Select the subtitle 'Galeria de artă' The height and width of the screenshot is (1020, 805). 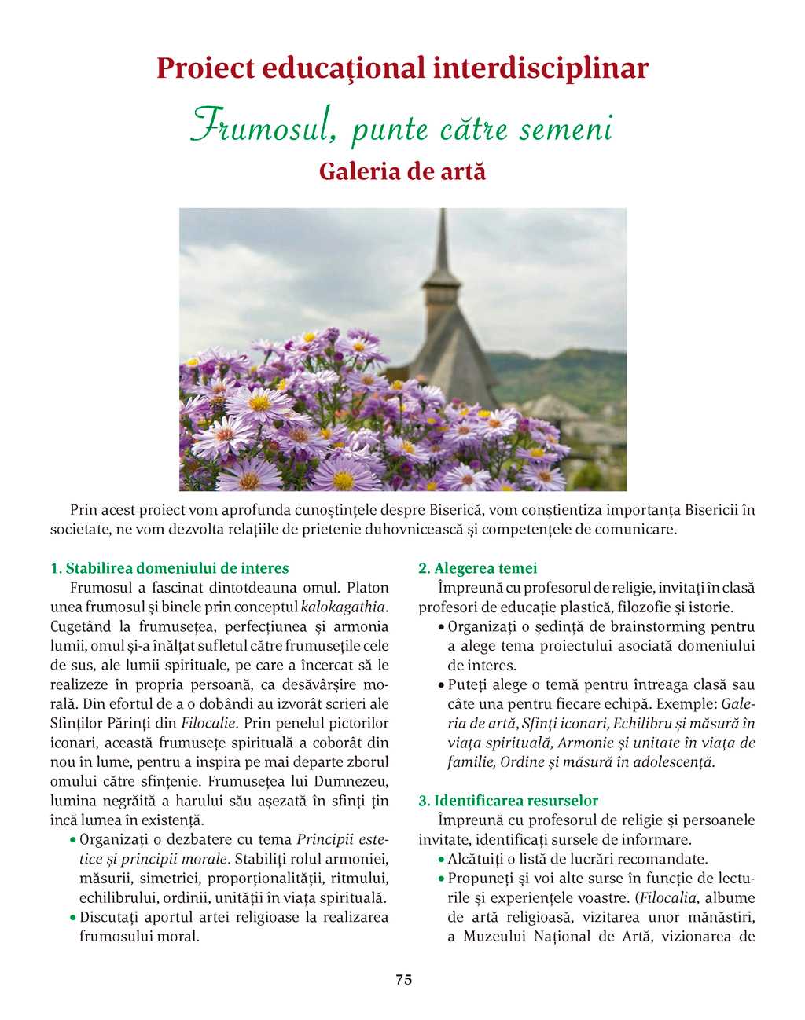[x=402, y=171]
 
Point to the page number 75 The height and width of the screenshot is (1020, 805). [x=403, y=980]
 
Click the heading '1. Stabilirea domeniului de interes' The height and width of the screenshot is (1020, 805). [x=170, y=568]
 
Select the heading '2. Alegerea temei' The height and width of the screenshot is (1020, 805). [x=478, y=568]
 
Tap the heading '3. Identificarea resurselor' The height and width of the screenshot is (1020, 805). [x=508, y=801]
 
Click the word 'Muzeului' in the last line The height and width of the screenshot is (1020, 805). [x=494, y=937]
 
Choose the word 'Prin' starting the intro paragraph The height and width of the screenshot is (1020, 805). [x=83, y=510]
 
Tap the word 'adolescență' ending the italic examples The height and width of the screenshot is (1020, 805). [x=677, y=762]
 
